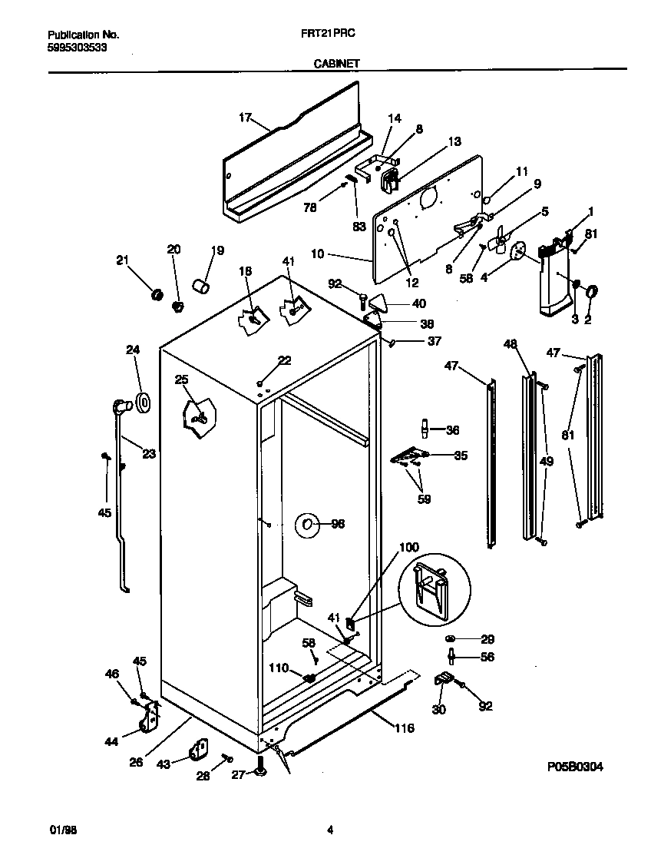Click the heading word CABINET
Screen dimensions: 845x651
336,65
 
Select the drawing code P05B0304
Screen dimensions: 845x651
575,766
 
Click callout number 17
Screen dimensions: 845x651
245,118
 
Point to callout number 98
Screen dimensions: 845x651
338,525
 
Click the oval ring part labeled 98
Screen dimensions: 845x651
307,525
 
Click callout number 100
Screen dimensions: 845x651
409,547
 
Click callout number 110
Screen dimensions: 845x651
279,668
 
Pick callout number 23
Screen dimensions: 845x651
148,454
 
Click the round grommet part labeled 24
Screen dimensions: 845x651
143,401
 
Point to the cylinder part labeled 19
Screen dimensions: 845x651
201,287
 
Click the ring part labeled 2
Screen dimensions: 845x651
593,292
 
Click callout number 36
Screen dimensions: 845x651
452,430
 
